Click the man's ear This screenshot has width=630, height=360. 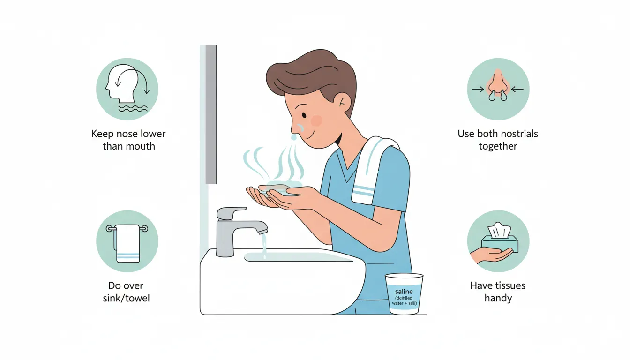click(344, 100)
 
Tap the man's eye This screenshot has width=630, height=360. click(304, 115)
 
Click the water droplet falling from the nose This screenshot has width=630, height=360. click(293, 137)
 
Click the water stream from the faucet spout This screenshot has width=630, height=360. click(264, 244)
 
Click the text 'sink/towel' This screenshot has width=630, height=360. click(127, 298)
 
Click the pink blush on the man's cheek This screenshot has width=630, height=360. click(317, 121)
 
